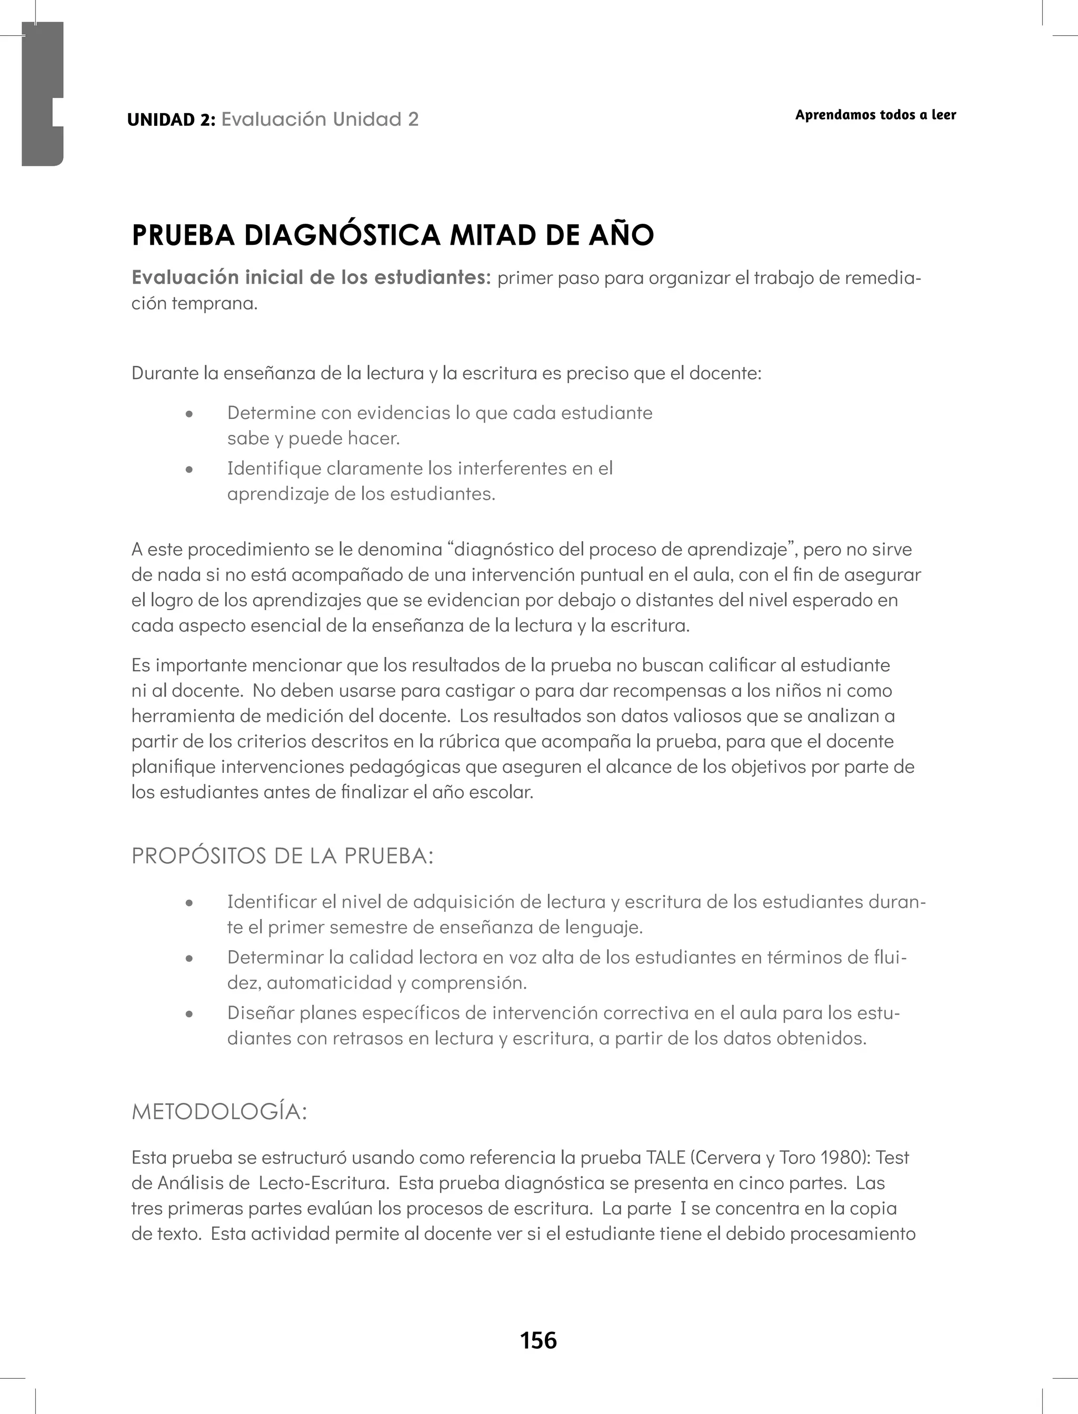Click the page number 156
coord(538,1340)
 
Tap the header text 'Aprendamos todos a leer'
coord(875,115)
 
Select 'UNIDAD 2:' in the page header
coord(171,120)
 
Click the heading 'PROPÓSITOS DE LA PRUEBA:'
coord(282,856)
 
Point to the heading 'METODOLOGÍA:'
coord(219,1112)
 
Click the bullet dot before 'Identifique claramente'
coord(188,470)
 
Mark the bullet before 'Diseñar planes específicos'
coord(188,1015)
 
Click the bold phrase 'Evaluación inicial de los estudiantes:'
coord(311,278)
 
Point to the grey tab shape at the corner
coord(42,93)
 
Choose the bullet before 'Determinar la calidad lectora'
coord(188,959)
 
